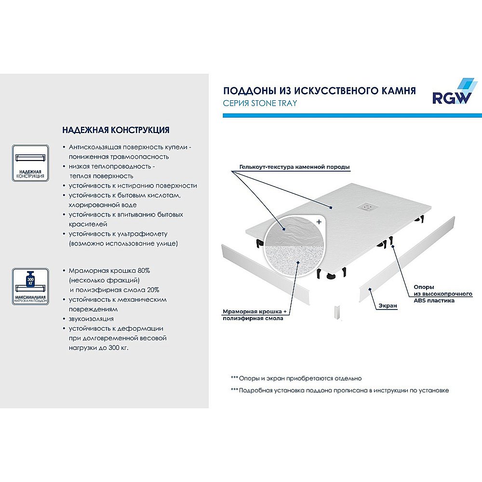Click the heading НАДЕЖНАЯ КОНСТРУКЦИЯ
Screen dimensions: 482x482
(116, 130)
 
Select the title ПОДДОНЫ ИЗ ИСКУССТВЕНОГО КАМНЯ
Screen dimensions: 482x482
(319, 91)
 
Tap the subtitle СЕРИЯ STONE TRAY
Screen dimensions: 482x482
(260, 103)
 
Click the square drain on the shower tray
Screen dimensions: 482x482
(367, 207)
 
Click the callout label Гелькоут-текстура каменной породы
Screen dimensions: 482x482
(294, 167)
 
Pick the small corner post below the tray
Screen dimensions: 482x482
(337, 313)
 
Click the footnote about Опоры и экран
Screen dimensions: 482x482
(296, 378)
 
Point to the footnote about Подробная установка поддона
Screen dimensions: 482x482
(340, 390)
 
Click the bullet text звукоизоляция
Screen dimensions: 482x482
(91, 319)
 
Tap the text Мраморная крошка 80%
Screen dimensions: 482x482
(109, 270)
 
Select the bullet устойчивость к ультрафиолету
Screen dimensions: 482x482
(118, 234)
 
